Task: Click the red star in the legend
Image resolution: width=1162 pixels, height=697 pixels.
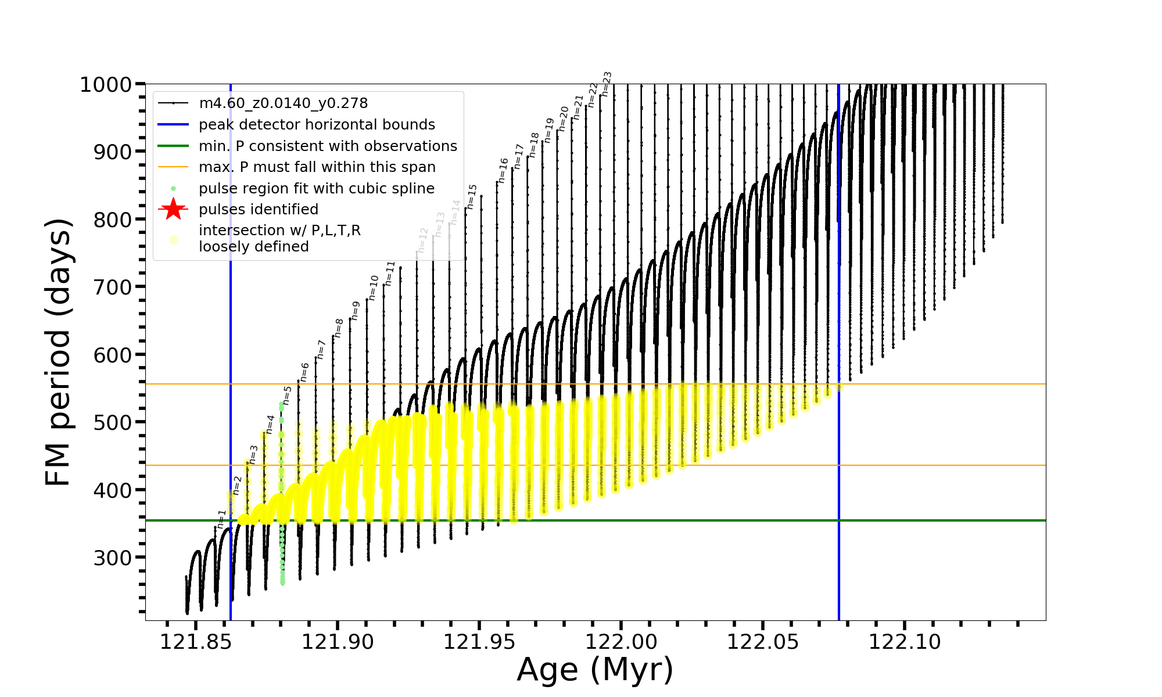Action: click(173, 209)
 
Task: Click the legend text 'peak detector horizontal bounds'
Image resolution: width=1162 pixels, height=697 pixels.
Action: click(317, 125)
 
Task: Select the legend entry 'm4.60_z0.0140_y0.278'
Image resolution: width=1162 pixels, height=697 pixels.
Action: click(283, 103)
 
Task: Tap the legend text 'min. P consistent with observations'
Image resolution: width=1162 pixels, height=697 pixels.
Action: click(328, 146)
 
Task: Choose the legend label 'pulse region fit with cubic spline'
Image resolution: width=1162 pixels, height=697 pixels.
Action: click(316, 189)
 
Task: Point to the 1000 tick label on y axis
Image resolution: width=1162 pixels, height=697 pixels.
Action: click(106, 85)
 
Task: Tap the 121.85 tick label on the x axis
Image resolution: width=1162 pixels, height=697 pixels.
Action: click(195, 642)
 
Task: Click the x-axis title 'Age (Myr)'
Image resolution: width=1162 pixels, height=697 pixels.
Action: click(595, 670)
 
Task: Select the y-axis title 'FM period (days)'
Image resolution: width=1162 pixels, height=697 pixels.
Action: click(59, 352)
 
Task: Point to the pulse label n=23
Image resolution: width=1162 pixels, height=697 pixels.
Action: click(607, 84)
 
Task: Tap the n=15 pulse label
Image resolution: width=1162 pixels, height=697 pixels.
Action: click(472, 196)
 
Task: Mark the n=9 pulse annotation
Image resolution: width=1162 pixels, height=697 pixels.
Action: click(355, 311)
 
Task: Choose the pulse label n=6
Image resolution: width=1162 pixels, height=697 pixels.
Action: click(304, 372)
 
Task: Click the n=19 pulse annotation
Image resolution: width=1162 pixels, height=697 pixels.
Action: click(549, 130)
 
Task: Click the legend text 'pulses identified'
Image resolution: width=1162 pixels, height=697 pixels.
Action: click(258, 210)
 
